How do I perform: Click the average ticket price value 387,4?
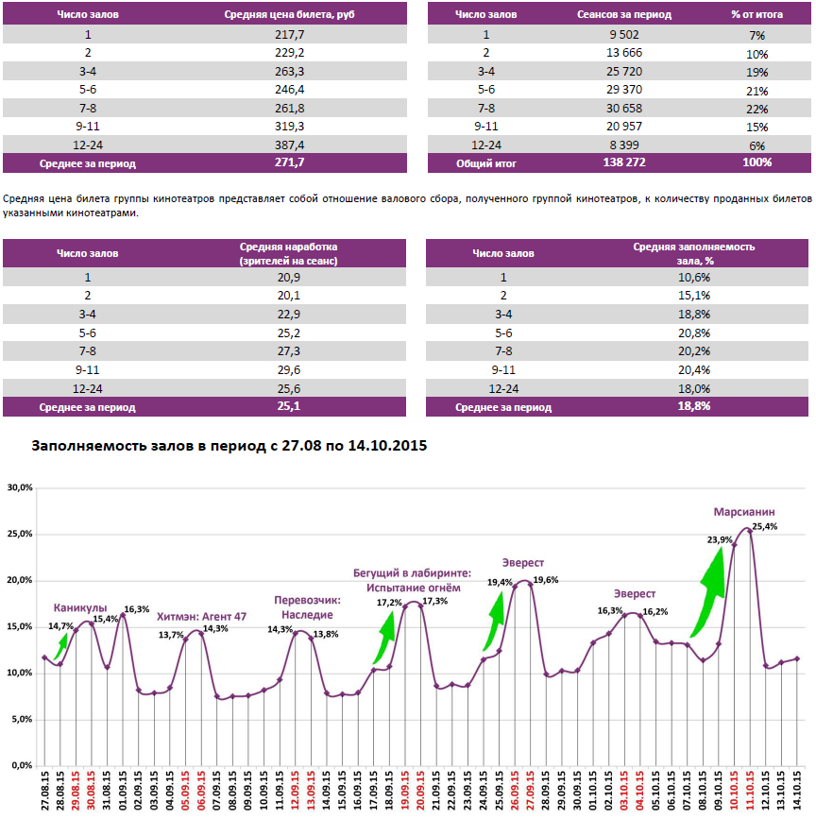click(x=288, y=145)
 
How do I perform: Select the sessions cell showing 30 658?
click(x=623, y=109)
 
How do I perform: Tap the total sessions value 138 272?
click(x=623, y=162)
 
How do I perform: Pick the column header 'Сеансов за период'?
click(x=623, y=15)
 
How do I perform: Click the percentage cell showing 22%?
click(x=756, y=110)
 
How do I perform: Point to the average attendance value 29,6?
click(x=288, y=370)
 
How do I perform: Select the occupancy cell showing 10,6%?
click(x=693, y=277)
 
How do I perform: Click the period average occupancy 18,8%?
click(x=693, y=406)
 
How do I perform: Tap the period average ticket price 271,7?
click(x=288, y=162)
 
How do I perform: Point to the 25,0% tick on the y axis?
click(x=20, y=535)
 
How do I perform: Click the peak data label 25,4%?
click(x=765, y=527)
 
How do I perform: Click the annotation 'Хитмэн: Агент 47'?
click(x=201, y=616)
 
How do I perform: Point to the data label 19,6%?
click(x=545, y=580)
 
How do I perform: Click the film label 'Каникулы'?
click(x=80, y=607)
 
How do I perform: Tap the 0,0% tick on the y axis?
click(x=22, y=765)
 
